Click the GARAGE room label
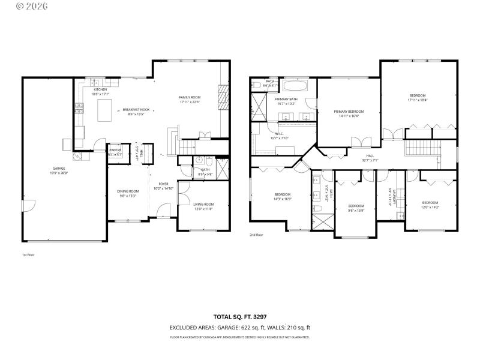pyautogui.click(x=58, y=169)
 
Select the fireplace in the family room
pyautogui.click(x=223, y=95)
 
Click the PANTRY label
pyautogui.click(x=115, y=150)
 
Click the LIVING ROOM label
pyautogui.click(x=203, y=205)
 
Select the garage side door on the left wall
pyautogui.click(x=25, y=206)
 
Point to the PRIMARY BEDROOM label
pyautogui.click(x=349, y=112)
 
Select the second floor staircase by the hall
pyautogui.click(x=422, y=146)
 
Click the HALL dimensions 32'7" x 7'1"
pyautogui.click(x=370, y=160)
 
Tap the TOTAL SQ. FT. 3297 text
pyautogui.click(x=240, y=316)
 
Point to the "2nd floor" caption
pyautogui.click(x=256, y=235)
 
